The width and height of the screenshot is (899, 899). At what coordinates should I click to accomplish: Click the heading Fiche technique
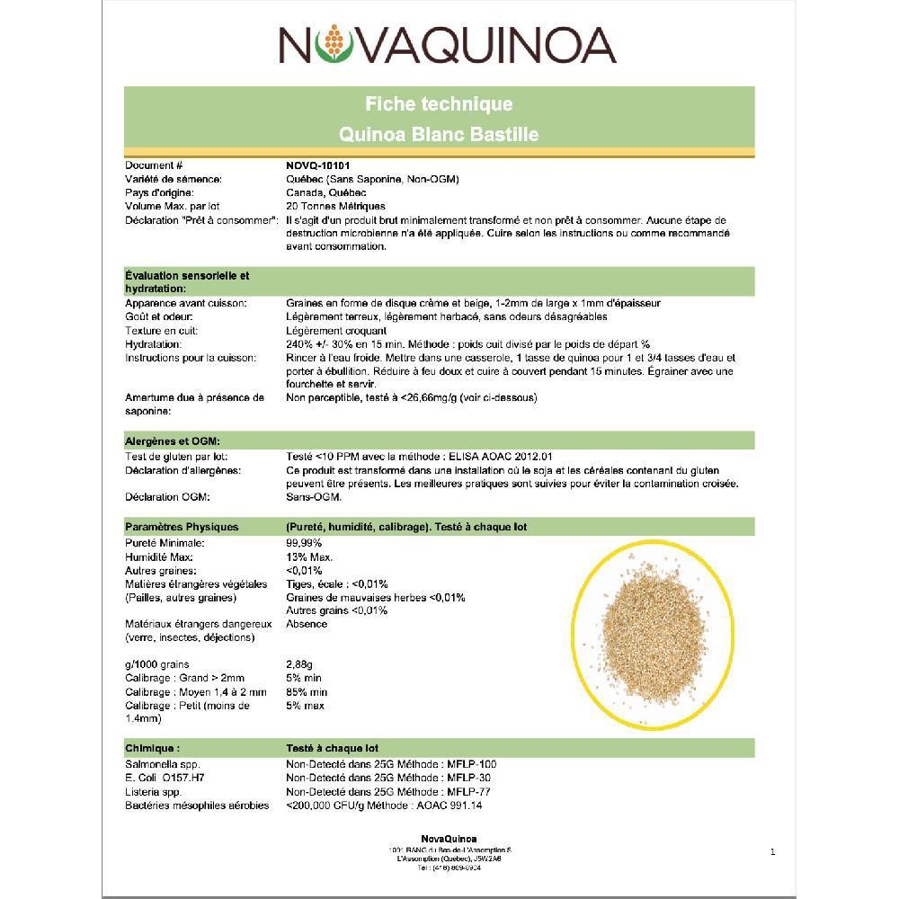click(439, 104)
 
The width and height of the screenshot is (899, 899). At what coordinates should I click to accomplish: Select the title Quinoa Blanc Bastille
click(439, 135)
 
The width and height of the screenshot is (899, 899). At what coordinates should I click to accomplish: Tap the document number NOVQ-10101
click(317, 166)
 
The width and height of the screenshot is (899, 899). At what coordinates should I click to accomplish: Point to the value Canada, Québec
click(326, 192)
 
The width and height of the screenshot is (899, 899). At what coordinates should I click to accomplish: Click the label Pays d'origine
click(160, 192)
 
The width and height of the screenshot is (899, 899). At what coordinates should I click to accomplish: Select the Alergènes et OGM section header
click(174, 441)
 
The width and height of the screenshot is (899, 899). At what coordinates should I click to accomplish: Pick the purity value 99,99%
click(304, 543)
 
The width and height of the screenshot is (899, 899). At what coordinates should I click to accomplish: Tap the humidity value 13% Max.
click(309, 556)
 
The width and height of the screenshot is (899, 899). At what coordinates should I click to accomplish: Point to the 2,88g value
click(298, 664)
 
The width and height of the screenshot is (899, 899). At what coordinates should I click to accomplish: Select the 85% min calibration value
click(307, 692)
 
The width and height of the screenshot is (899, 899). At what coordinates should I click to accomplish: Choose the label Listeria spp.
click(153, 792)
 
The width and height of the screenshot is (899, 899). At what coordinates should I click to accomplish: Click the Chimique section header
click(153, 748)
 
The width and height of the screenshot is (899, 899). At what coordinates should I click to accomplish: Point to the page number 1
click(772, 851)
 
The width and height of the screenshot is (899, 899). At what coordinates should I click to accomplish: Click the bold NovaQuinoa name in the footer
click(449, 839)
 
